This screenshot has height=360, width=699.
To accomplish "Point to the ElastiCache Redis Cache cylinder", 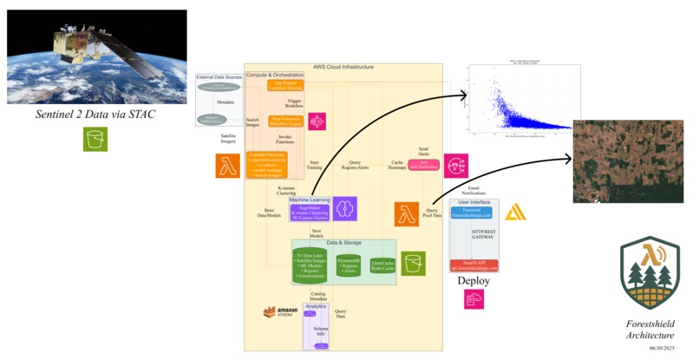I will [382, 265].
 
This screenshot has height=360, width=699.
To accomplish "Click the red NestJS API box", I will [474, 265].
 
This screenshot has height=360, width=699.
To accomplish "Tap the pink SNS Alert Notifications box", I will [424, 163].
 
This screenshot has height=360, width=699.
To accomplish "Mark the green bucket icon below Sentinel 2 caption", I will [95, 139].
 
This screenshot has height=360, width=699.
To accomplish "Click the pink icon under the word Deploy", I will [474, 299].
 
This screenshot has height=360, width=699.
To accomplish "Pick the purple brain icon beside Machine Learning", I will [346, 208].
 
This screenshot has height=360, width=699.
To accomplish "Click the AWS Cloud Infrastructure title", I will [343, 67].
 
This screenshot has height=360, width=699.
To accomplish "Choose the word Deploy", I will [474, 282].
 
